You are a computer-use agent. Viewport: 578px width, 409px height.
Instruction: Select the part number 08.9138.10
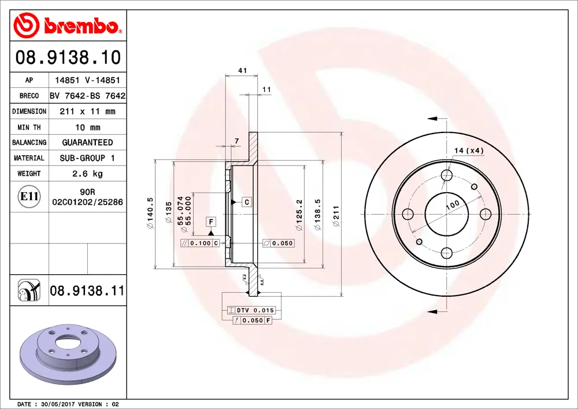pos(68,57)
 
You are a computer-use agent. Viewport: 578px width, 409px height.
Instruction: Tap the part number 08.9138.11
pos(87,290)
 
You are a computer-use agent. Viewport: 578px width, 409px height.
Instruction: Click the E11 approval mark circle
pos(29,197)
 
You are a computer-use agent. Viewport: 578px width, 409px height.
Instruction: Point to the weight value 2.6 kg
pos(87,174)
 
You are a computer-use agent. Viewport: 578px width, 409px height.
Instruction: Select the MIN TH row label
pos(29,127)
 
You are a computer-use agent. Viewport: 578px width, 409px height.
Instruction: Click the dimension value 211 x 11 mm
pos(87,111)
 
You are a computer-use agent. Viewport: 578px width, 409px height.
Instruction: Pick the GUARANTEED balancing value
pos(87,142)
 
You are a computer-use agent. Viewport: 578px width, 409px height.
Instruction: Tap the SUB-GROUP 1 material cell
pos(87,158)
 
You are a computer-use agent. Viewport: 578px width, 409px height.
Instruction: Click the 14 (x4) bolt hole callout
pos(468,150)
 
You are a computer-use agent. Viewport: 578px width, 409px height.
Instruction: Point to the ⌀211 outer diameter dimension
pos(335,215)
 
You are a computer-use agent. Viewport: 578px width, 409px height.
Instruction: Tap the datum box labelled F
pos(211,222)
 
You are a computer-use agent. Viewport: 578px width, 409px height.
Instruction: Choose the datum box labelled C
pos(246,202)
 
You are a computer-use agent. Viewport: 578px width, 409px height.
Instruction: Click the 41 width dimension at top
pos(243,71)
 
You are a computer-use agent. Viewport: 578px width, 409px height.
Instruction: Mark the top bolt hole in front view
pos(446,176)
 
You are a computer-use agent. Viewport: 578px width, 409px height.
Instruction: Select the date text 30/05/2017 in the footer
pos(60,404)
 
